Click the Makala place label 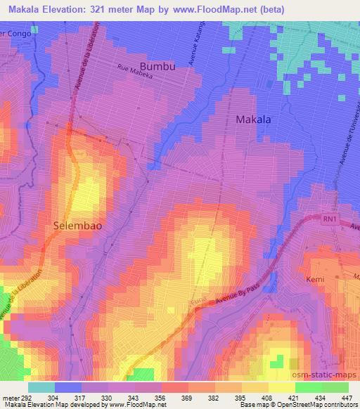[253, 119]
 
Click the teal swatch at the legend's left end [41, 387]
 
